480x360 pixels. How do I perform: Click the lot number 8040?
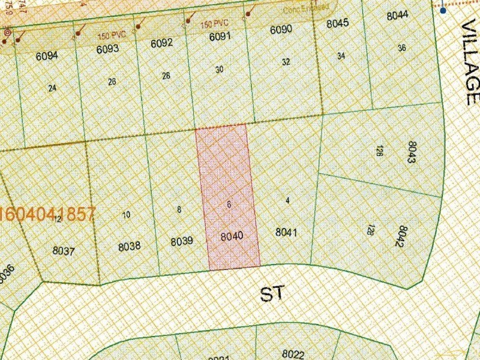click(232, 236)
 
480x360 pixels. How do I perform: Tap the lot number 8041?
click(286, 232)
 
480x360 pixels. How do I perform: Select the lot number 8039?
click(181, 241)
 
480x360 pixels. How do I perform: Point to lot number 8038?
click(129, 245)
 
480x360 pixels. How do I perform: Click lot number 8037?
click(63, 251)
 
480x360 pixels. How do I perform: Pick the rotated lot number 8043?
click(412, 152)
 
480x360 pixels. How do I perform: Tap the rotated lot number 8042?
click(402, 236)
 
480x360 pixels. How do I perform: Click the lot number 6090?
click(281, 29)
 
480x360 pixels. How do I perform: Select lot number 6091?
click(220, 37)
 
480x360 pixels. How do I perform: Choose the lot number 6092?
click(162, 43)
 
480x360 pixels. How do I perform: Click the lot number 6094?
click(47, 56)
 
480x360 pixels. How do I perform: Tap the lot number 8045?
click(338, 24)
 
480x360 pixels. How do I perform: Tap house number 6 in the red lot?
click(229, 204)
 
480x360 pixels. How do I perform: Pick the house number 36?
click(402, 48)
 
